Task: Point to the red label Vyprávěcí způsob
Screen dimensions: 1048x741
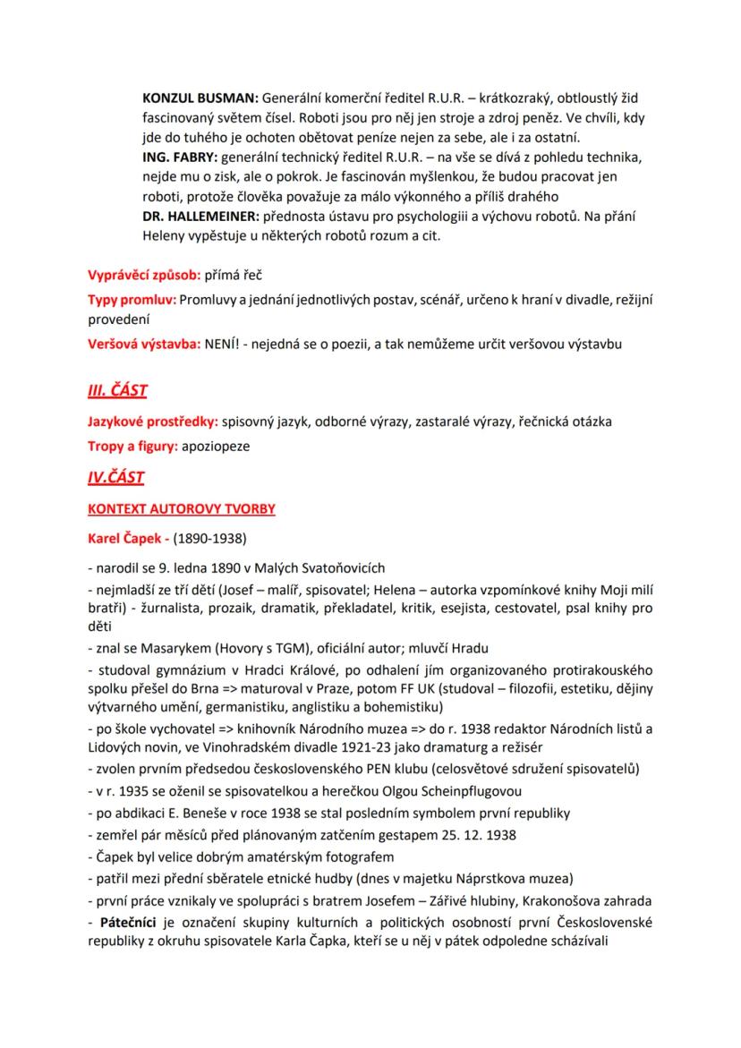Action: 143,275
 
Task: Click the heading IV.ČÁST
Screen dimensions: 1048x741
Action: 115,477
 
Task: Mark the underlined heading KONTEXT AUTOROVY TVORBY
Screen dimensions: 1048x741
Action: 181,509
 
